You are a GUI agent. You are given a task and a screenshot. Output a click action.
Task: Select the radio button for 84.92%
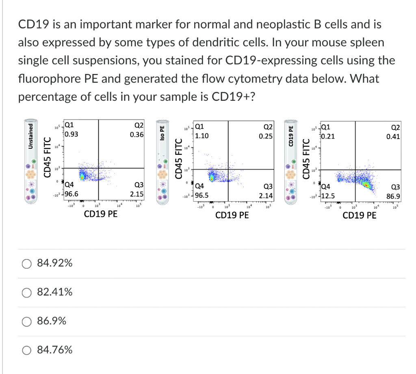26,264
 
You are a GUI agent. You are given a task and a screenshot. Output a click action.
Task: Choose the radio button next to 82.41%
26,292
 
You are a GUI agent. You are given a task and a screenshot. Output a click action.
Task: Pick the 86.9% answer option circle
26,321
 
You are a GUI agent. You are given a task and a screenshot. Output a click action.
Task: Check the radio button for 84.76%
26,350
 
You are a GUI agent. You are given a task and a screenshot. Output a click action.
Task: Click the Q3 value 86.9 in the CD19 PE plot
393,196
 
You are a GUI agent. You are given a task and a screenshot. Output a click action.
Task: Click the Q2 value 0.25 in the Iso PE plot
266,136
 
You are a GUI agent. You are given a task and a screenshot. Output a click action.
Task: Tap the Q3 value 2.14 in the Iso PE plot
266,196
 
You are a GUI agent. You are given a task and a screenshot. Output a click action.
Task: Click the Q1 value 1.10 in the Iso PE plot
202,136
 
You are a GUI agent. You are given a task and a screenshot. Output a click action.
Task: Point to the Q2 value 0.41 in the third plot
393,137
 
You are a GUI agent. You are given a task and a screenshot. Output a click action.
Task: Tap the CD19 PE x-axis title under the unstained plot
101,214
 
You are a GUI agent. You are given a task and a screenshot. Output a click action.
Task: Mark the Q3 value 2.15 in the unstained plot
136,194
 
